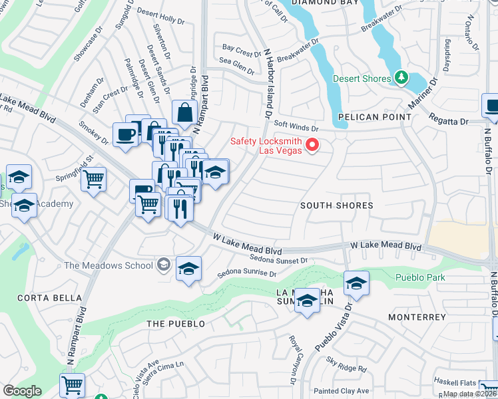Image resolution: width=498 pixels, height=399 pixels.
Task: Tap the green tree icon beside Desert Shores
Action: [401, 78]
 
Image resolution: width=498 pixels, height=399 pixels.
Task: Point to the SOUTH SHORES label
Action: [336, 205]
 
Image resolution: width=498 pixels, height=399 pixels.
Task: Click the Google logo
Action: [22, 391]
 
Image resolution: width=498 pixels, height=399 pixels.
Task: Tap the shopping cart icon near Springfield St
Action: [94, 178]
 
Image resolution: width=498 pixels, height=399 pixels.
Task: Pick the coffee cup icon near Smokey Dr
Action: [125, 135]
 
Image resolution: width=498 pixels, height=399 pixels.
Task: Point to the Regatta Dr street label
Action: [449, 121]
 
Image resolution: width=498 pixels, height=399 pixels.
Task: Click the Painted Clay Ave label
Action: [342, 390]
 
